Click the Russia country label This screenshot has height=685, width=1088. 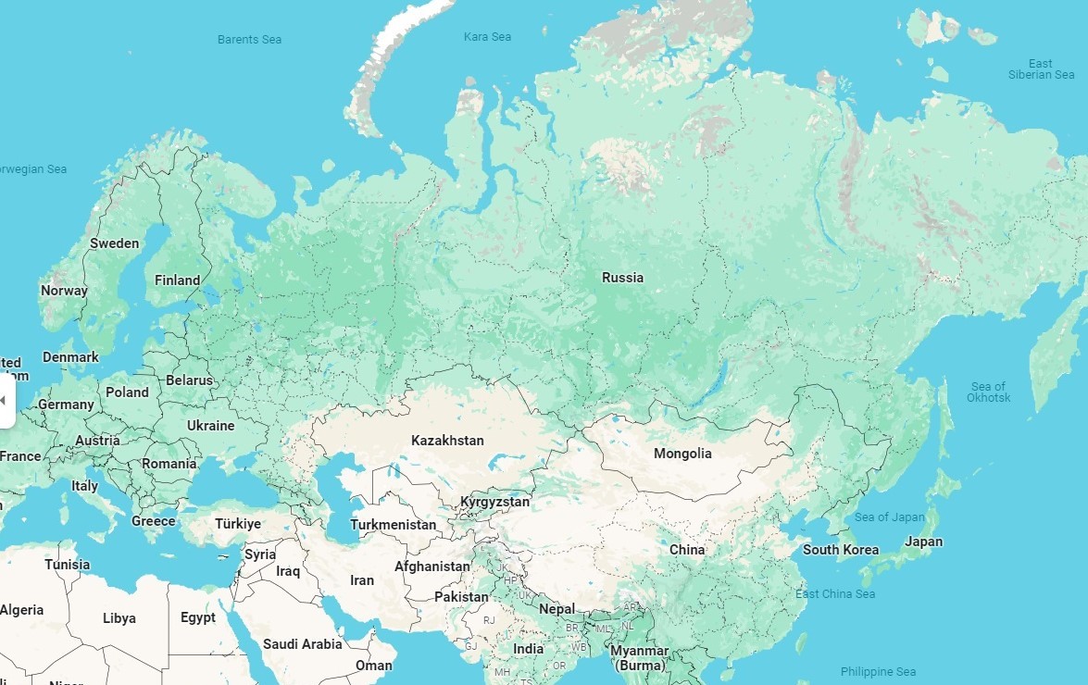pos(622,278)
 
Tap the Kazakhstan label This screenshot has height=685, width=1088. pos(447,441)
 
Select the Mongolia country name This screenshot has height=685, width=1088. pos(682,454)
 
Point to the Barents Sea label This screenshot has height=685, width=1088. pos(249,40)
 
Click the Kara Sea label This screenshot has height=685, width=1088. pos(487,37)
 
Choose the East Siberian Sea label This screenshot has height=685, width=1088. pos(1041,69)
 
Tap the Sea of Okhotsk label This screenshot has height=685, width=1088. pos(988,392)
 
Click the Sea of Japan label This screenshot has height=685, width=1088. pos(889,517)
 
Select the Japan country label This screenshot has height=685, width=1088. pos(923,542)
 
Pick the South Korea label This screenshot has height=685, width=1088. pos(840,550)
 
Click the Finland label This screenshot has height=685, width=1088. pos(177,280)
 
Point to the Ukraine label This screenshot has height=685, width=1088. pos(210,426)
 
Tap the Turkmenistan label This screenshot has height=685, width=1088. pos(393,525)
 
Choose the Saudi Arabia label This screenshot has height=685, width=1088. pos(302,644)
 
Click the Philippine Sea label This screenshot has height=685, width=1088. pos(878,672)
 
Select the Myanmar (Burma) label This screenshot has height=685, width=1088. pos(639,658)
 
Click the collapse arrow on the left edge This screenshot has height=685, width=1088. pos(4,400)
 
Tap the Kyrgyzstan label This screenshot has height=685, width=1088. pos(494,503)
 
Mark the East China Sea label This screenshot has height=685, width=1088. pos(834,594)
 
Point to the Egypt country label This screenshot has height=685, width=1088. pos(197,618)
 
